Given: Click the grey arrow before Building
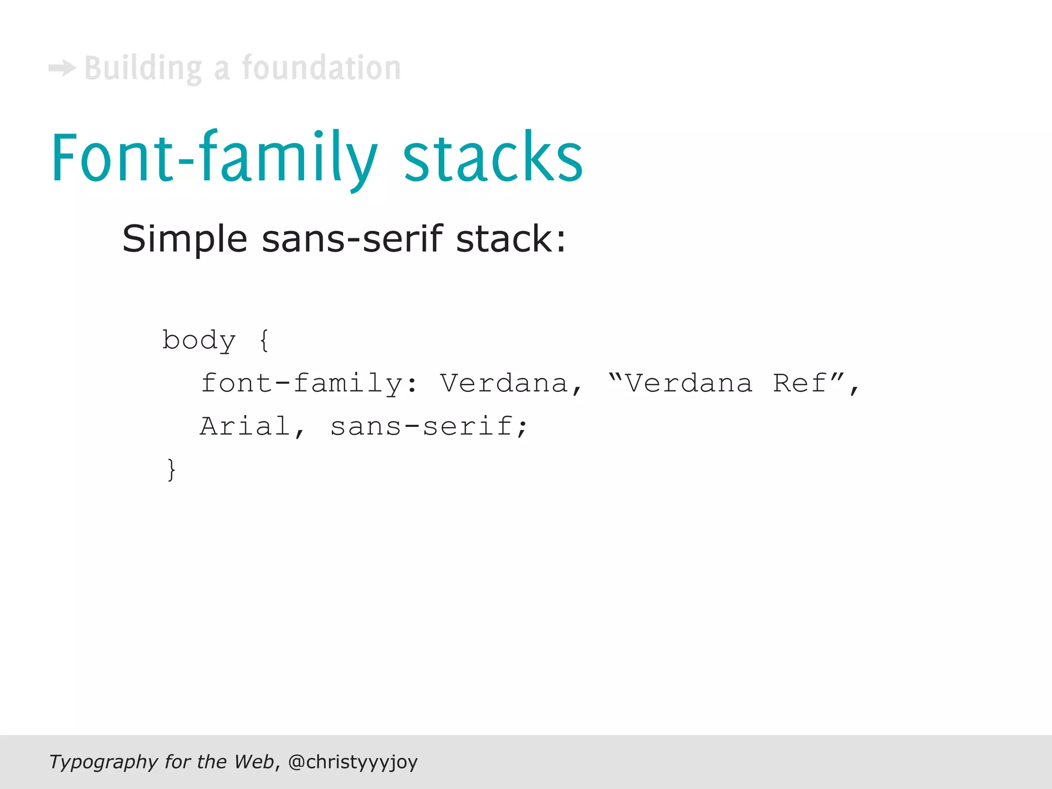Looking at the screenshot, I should pos(62,68).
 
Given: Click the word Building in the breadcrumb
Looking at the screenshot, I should pos(143,68).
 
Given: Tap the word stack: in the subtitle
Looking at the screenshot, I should pos(511,239).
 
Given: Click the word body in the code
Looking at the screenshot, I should pos(199,341).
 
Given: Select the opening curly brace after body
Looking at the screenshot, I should pos(264,341).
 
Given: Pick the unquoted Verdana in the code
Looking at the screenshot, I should pos(504,384).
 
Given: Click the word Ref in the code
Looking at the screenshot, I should pos(800,384).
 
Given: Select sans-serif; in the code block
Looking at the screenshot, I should pos(429,427).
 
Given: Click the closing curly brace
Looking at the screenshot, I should pos(172,469).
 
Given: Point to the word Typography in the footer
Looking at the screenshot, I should pos(103,762).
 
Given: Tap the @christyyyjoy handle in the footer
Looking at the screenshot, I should pos(353,762).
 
